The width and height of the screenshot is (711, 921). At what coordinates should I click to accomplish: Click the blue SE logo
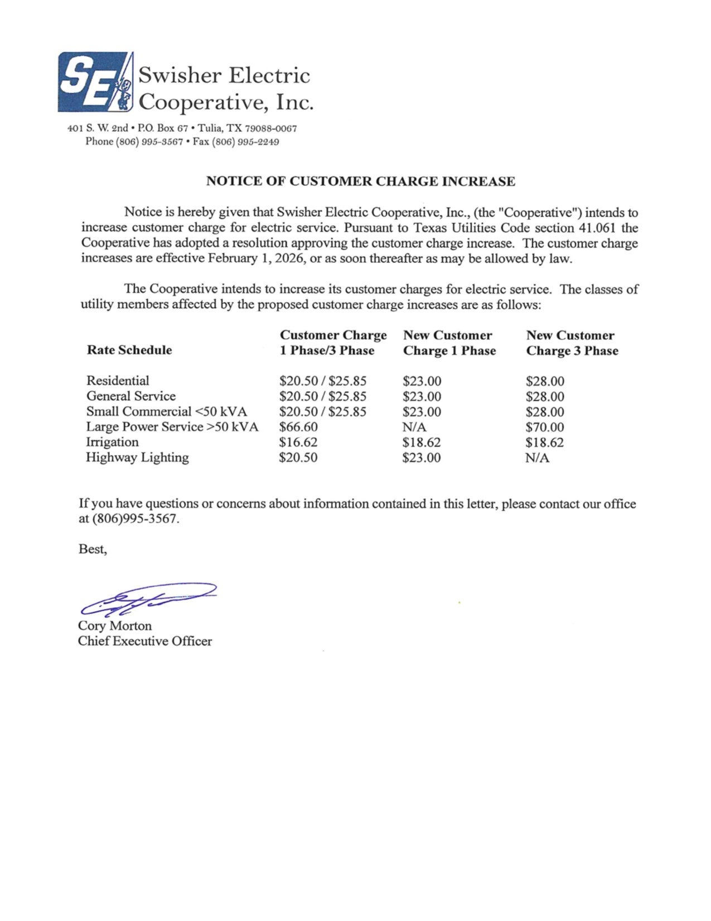(95, 81)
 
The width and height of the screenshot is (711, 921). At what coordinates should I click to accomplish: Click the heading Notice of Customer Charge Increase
(360, 181)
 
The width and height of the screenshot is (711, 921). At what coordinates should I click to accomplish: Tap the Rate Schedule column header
(129, 350)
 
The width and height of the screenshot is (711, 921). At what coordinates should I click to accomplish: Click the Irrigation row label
(112, 442)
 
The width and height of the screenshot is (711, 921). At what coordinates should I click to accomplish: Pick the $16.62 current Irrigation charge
(298, 443)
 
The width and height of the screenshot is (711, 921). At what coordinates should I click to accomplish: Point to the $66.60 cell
(298, 428)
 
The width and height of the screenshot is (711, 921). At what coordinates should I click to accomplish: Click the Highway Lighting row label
(137, 458)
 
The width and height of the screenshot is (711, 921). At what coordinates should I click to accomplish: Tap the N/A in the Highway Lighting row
(537, 458)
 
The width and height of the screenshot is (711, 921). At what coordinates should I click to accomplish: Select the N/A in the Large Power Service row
(414, 428)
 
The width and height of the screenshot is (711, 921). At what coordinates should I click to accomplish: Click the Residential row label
(118, 381)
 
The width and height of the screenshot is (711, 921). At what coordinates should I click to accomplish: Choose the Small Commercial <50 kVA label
(166, 412)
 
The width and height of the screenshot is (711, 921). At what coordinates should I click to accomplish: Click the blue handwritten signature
(147, 598)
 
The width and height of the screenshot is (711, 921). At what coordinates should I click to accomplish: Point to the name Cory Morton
(115, 626)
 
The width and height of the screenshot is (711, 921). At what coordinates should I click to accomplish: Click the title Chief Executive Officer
(145, 641)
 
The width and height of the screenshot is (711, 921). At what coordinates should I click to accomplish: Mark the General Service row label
(131, 396)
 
